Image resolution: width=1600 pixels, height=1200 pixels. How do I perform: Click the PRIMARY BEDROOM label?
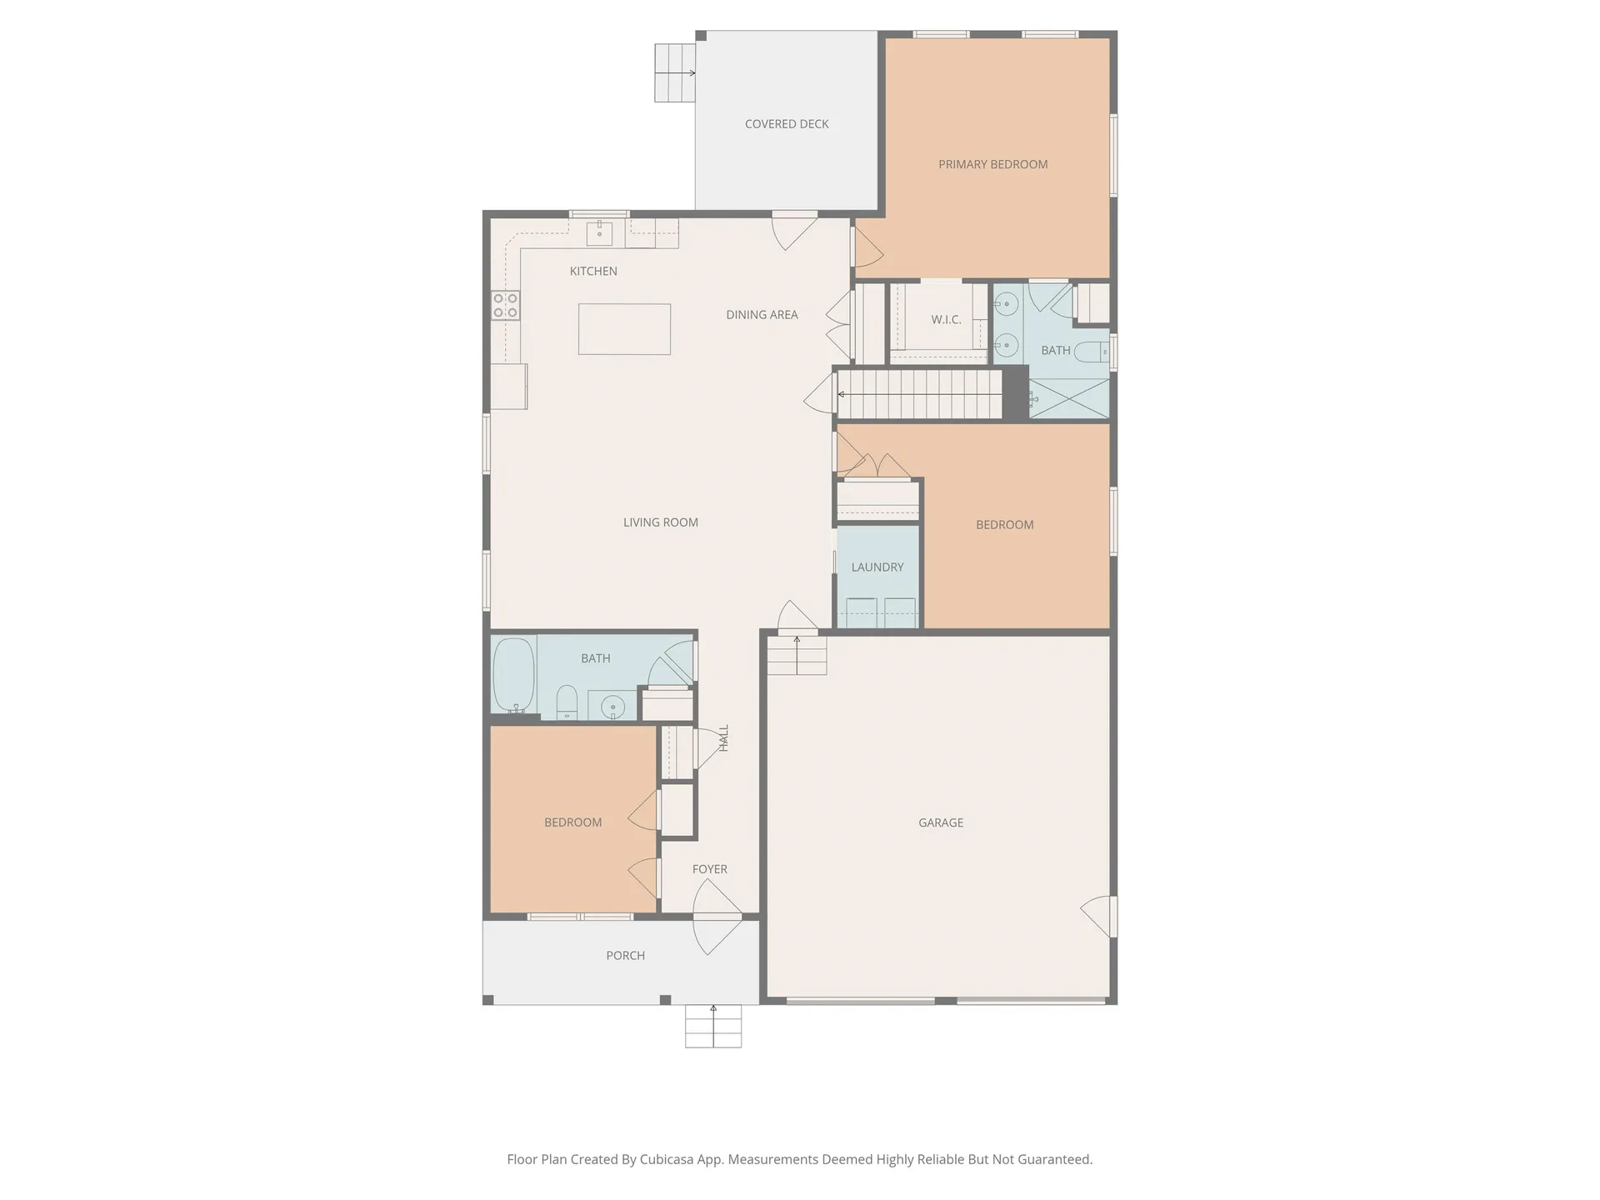coord(992,164)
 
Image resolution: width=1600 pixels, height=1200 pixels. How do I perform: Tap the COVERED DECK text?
coord(786,124)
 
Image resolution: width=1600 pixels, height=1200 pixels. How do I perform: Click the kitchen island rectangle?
coord(624,329)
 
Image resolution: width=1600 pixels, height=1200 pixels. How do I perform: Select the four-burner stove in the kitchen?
coord(505,305)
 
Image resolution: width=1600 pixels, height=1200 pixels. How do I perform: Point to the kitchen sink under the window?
coord(599,233)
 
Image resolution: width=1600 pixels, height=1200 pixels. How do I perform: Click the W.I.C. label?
coord(946,319)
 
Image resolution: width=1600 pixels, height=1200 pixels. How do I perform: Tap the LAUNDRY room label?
coord(877,567)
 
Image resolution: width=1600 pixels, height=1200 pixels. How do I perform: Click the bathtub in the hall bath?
coord(513,674)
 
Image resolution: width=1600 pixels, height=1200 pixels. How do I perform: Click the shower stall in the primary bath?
coord(1069,398)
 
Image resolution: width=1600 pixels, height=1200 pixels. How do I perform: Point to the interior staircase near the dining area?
coord(919,393)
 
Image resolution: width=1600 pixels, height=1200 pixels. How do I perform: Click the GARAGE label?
coord(940,822)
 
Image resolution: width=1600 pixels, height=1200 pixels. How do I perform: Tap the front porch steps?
coord(713,1026)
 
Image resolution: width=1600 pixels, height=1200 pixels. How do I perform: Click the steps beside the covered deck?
coord(674,72)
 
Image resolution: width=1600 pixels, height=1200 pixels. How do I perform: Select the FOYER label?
coord(709,869)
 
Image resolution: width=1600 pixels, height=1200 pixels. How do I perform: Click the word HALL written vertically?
coord(723,737)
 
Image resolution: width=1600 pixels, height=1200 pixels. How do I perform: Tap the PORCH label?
coord(625,956)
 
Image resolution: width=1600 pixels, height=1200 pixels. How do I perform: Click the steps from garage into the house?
coord(797,656)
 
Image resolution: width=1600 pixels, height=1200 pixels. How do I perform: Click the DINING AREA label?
coord(762,314)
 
